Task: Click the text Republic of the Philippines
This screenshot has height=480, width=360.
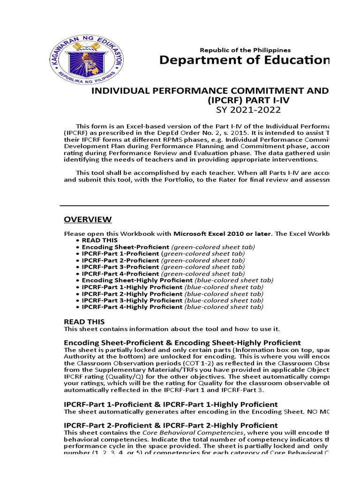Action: coord(245,50)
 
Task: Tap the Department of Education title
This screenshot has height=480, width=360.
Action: coord(244,60)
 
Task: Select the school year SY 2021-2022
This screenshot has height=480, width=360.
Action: coord(241,110)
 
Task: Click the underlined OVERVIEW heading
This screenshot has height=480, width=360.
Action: coord(88,219)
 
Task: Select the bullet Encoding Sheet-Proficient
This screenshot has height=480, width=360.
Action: coord(125,247)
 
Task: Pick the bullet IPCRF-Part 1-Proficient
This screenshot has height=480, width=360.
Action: coord(120,253)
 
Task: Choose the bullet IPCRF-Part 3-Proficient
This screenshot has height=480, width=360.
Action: coord(120,267)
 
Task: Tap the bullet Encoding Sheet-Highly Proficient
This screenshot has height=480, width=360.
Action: coord(138,280)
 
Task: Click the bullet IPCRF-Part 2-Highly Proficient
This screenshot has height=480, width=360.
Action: coord(132,293)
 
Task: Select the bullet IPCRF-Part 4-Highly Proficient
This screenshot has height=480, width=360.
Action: coord(132,307)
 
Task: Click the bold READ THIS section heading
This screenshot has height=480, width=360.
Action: coord(84,322)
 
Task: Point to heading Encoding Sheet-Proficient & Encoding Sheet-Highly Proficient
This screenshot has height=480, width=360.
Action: coord(182,343)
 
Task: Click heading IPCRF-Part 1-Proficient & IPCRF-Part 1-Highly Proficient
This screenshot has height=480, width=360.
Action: coord(171,404)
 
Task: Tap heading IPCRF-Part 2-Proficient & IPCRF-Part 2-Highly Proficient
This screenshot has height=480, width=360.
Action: coord(171,425)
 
